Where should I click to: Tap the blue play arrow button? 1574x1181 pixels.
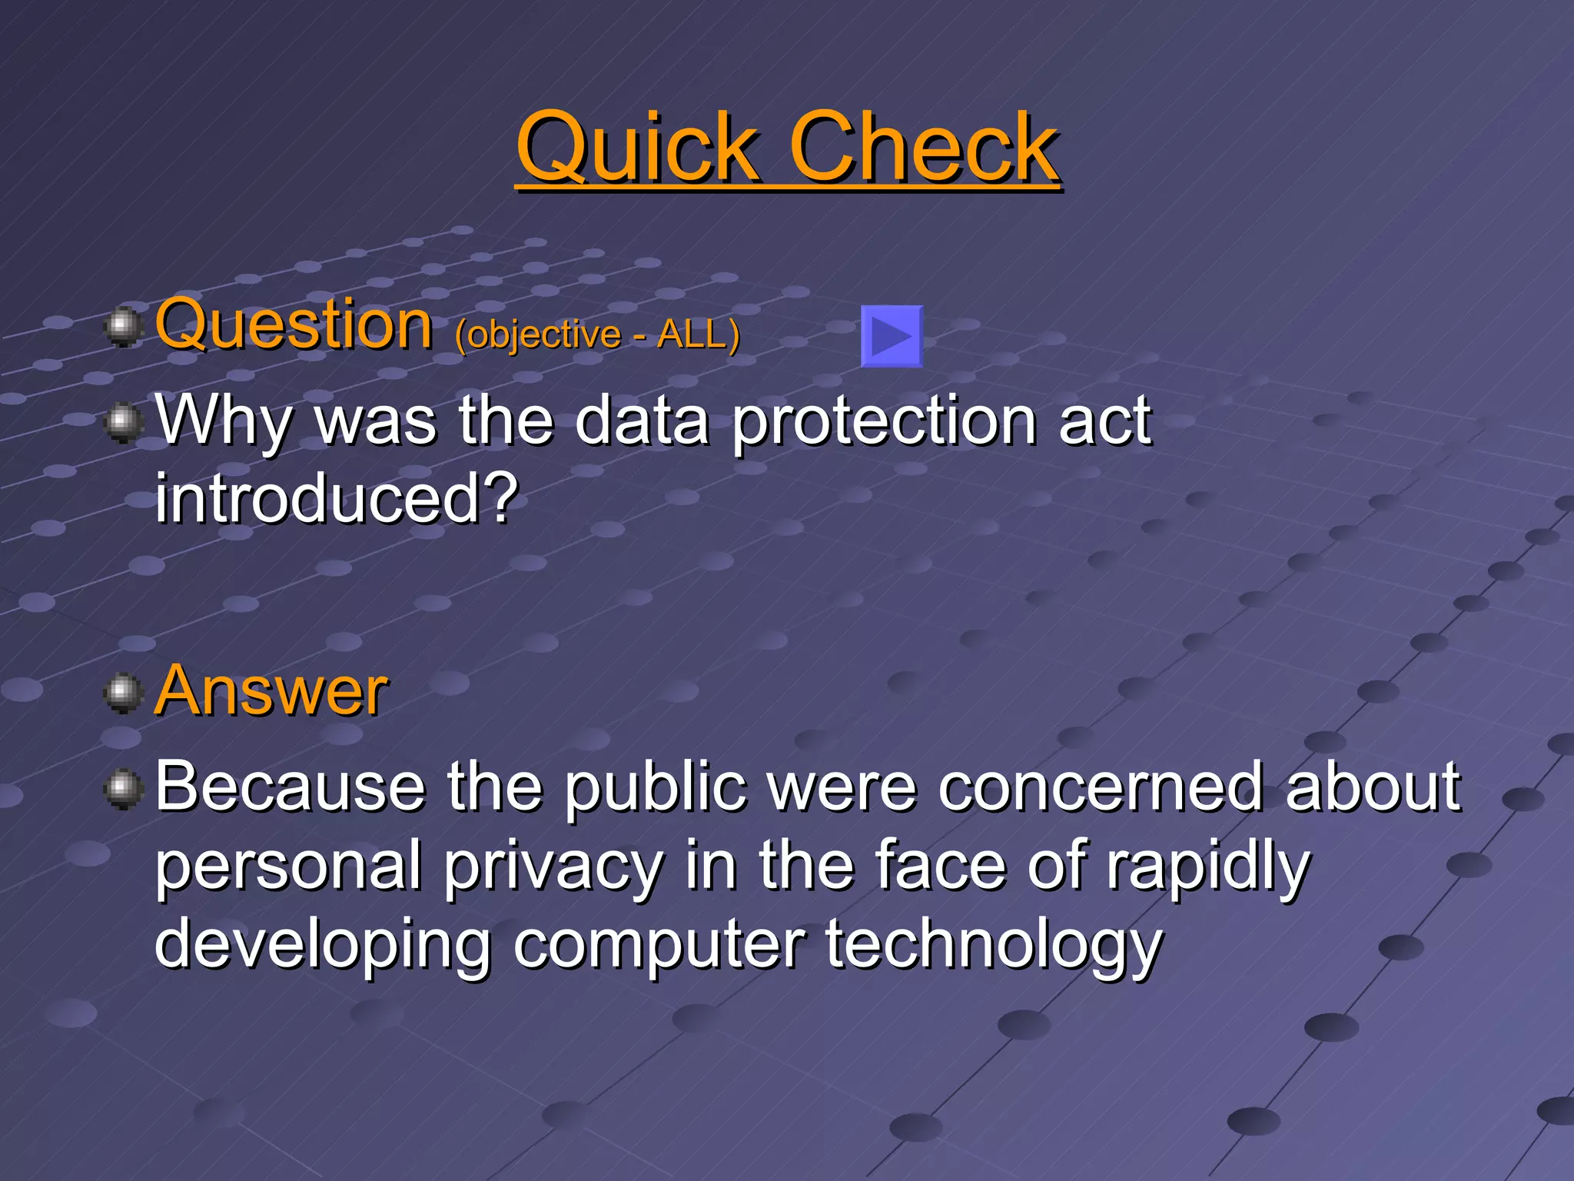pos(892,336)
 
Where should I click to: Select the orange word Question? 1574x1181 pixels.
pos(294,326)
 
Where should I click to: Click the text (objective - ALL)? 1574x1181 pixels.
pos(597,334)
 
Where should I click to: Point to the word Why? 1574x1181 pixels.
pos(224,421)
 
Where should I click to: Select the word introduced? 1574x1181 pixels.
pos(337,500)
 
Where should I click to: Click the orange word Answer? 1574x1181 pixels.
pos(271,690)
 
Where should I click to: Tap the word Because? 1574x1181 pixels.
pos(291,786)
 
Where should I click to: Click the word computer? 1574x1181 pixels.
pos(659,946)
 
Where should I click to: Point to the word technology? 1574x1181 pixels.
pos(994,946)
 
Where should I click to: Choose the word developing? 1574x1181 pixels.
pos(323,946)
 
